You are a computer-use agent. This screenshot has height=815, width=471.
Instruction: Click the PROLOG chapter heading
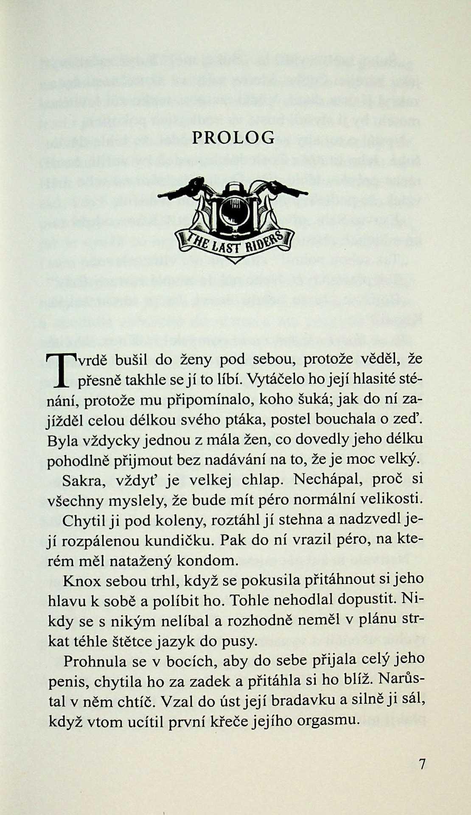233,138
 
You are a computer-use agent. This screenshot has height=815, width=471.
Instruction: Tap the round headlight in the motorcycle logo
234,207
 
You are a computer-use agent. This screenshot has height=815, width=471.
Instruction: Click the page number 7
422,764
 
